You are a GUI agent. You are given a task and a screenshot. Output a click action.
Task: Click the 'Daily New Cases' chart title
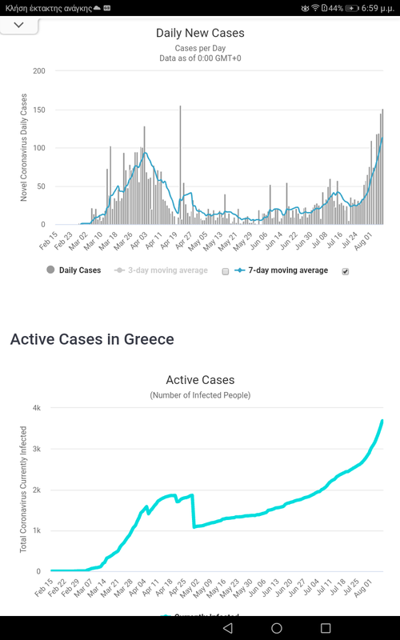(199, 33)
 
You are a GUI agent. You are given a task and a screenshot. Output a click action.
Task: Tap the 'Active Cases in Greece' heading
(91, 339)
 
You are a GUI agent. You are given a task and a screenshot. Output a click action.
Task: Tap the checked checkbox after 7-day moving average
(346, 271)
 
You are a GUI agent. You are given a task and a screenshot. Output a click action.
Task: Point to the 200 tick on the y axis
(38, 71)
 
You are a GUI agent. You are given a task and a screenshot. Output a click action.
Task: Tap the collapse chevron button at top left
(19, 25)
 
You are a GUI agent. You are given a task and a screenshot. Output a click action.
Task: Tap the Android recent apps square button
(326, 628)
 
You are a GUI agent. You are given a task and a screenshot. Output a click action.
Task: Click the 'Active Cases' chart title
(199, 380)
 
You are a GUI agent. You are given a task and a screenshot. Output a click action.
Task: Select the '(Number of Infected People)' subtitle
(199, 395)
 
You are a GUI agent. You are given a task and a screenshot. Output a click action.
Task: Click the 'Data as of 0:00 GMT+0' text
(199, 58)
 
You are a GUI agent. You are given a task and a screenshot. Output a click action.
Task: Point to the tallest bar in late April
(180, 160)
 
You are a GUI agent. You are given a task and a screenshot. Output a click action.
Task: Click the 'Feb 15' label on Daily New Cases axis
(46, 241)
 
